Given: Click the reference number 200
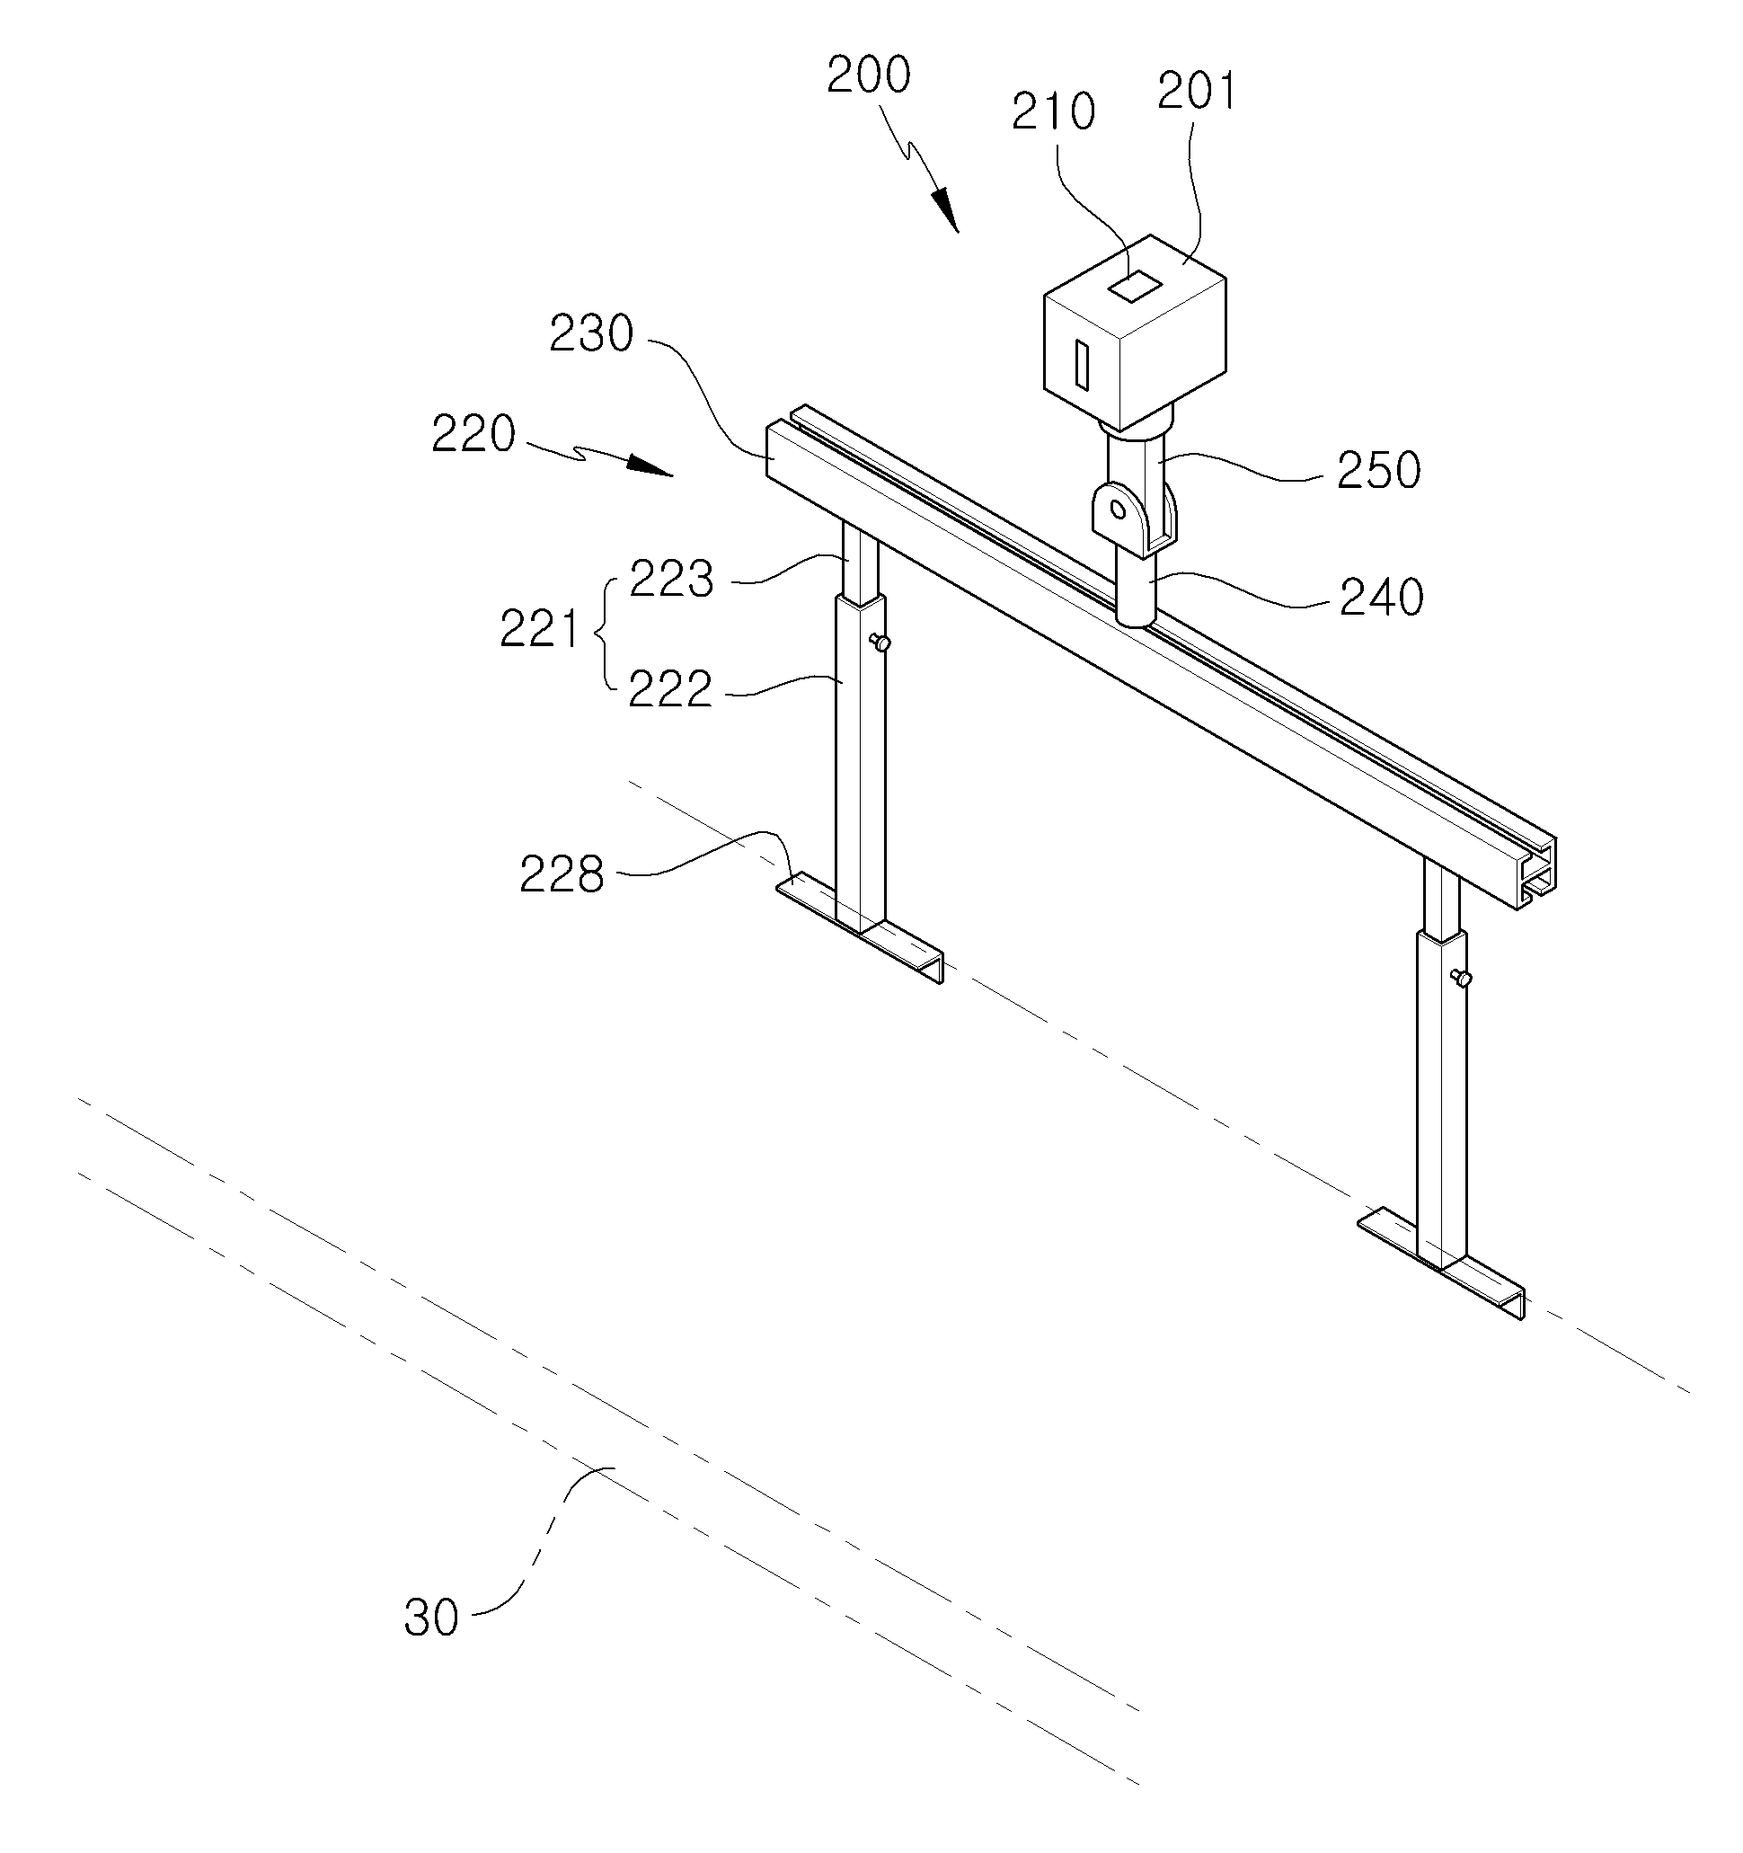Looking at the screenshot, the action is pyautogui.click(x=868, y=75).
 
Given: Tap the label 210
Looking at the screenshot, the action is pyautogui.click(x=1053, y=111).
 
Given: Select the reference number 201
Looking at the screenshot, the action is pyautogui.click(x=1196, y=93).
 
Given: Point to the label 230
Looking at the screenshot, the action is pyautogui.click(x=591, y=332).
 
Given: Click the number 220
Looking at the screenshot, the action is pyautogui.click(x=473, y=434).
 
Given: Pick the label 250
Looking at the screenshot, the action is pyautogui.click(x=1378, y=471).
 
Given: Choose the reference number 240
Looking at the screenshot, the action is pyautogui.click(x=1381, y=598).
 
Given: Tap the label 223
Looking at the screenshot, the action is pyautogui.click(x=671, y=579).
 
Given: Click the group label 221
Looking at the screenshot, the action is pyautogui.click(x=540, y=629).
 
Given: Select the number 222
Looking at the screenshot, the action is pyautogui.click(x=670, y=690).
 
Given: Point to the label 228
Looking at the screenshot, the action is pyautogui.click(x=562, y=874).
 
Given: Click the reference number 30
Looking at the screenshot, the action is pyautogui.click(x=431, y=1618).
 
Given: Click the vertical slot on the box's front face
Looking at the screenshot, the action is pyautogui.click(x=1081, y=364).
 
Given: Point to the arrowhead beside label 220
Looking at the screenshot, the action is pyautogui.click(x=650, y=465).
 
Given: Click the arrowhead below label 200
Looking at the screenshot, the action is pyautogui.click(x=944, y=208).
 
